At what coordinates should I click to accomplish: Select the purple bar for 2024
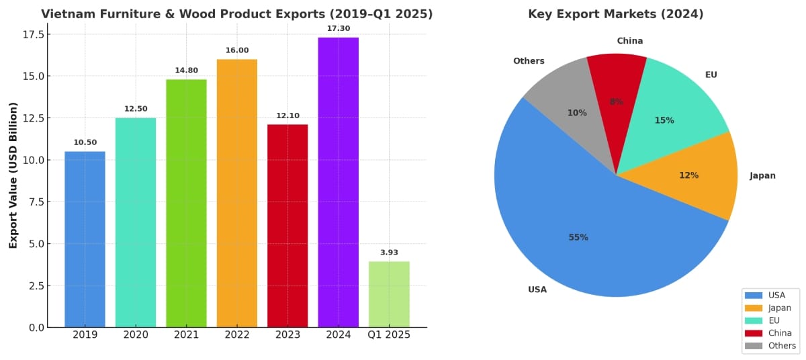(338, 182)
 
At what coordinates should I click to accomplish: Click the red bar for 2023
(287, 226)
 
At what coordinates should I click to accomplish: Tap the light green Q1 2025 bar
(389, 294)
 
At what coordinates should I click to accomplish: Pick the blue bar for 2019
(85, 239)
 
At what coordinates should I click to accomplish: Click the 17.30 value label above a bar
(338, 28)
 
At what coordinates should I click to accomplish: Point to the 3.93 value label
(389, 253)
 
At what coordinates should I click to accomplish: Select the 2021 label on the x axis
(186, 335)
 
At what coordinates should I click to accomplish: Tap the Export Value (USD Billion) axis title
(13, 176)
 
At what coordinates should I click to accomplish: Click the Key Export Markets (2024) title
(615, 13)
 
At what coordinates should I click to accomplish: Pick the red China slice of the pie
(616, 87)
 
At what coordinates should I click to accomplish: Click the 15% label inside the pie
(664, 120)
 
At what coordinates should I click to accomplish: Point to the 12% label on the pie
(688, 175)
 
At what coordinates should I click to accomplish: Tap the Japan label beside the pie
(762, 176)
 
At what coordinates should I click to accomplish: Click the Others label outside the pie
(529, 61)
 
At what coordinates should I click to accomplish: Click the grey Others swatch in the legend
(754, 346)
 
